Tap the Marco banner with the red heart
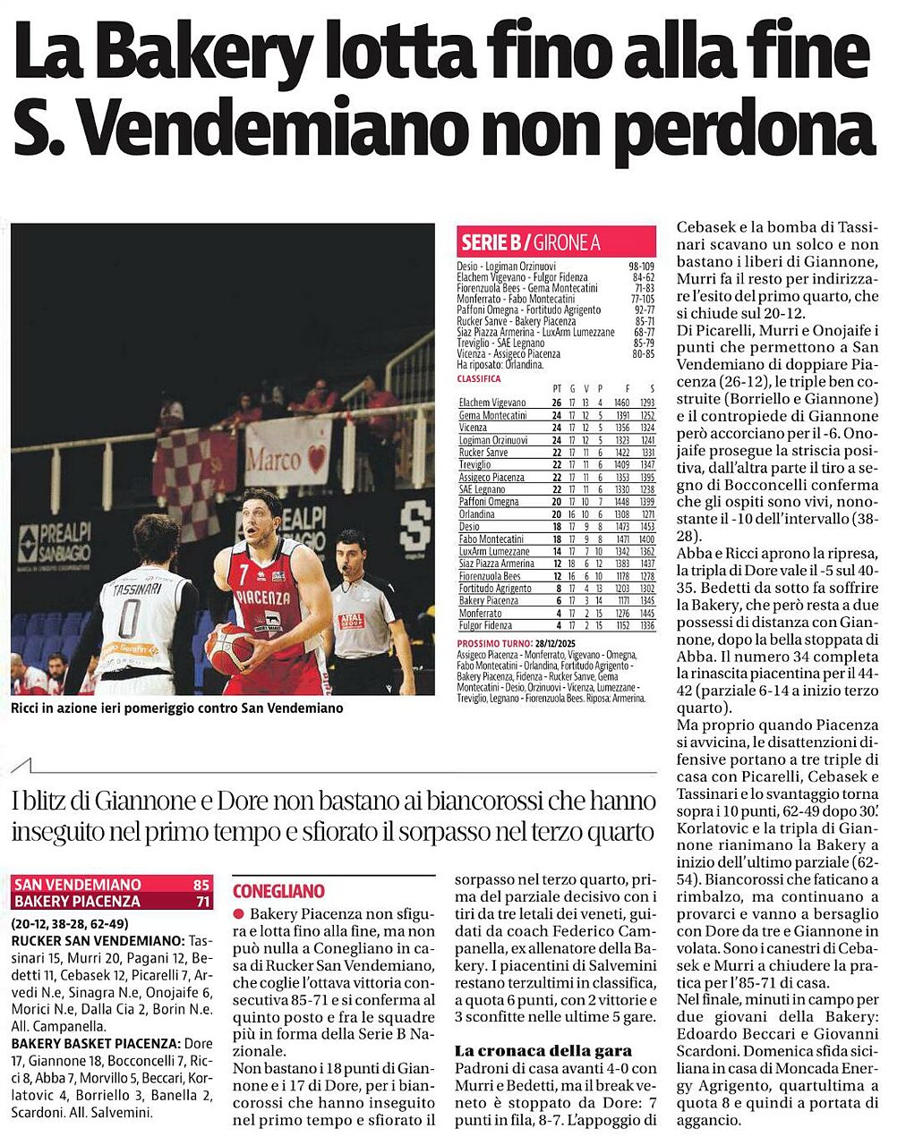(x=286, y=457)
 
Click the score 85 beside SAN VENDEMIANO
(x=201, y=885)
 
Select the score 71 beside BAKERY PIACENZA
(x=201, y=901)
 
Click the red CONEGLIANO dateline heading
(x=278, y=891)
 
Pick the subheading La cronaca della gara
(x=543, y=1051)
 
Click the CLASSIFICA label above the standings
(x=479, y=379)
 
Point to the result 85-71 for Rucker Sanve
(x=642, y=320)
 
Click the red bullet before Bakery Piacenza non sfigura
(x=238, y=914)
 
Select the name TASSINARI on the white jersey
(x=132, y=590)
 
